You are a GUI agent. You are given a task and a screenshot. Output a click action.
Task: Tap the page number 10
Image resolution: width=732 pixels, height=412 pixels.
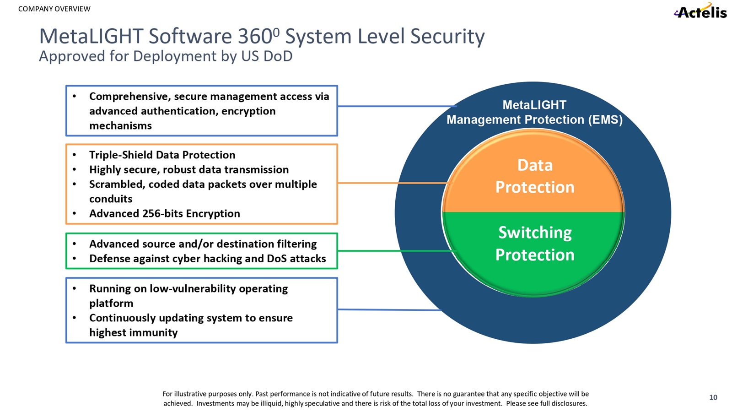tap(713, 397)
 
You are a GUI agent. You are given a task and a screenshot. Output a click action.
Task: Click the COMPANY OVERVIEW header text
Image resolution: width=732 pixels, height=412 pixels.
tap(54, 9)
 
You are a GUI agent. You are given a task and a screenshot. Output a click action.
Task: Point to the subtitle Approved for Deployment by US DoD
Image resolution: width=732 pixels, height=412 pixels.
tap(166, 56)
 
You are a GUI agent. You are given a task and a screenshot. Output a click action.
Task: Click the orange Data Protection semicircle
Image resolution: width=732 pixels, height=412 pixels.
tap(534, 176)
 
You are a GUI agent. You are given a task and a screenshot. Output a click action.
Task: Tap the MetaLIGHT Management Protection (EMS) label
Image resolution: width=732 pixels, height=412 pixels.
tap(534, 112)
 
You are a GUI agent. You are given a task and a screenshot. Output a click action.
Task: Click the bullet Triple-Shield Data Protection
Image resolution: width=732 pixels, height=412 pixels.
tap(162, 155)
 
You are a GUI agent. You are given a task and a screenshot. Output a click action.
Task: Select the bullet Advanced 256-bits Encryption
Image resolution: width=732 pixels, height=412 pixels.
tap(164, 213)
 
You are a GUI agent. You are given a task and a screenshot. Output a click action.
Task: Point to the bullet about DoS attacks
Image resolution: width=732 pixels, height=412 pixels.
tap(207, 259)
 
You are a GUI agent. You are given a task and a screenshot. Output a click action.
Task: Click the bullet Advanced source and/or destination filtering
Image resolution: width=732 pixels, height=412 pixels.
tap(203, 244)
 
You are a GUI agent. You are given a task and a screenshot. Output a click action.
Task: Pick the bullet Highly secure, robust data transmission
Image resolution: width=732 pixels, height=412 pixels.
tap(188, 169)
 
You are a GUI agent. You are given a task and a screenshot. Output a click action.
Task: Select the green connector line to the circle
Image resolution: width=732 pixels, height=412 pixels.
tap(396, 251)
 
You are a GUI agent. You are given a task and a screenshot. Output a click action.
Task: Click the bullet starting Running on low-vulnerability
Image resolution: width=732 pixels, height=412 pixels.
tap(188, 295)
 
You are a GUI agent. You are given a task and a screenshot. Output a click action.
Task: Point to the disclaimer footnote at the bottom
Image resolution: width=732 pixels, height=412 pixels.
tap(375, 398)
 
